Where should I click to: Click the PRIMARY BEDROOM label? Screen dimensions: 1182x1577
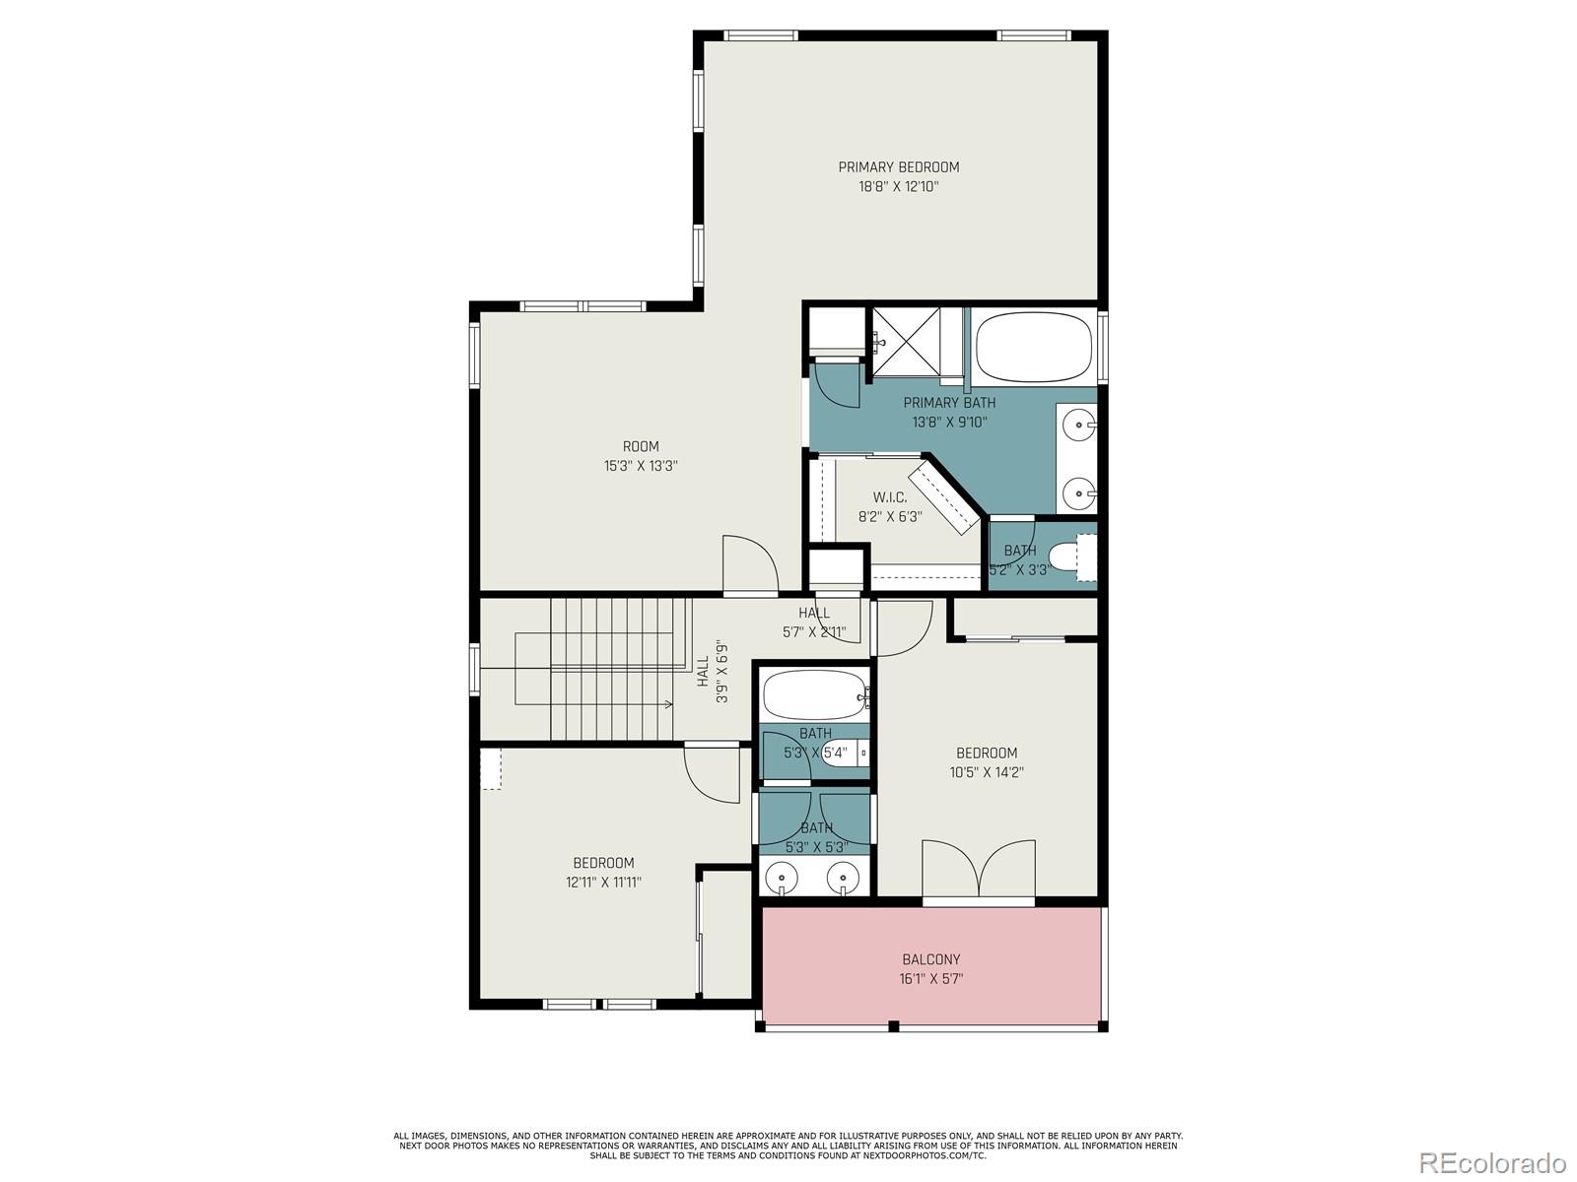[x=898, y=167]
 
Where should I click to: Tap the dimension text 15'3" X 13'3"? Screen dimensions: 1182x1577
[x=641, y=466]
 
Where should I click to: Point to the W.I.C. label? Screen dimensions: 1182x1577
[x=889, y=497]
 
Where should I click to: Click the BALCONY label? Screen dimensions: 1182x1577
[x=930, y=959]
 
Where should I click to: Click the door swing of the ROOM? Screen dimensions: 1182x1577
[x=749, y=566]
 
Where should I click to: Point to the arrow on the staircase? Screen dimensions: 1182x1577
[x=667, y=704]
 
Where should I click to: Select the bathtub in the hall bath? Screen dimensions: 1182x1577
[x=813, y=695]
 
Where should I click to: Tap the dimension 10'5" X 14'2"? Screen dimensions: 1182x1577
[x=986, y=773]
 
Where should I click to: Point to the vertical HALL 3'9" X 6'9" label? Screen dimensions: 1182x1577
[x=712, y=672]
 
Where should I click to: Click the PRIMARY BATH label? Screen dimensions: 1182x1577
[x=949, y=403]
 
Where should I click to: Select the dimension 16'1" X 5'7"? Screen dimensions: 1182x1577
[x=930, y=979]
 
